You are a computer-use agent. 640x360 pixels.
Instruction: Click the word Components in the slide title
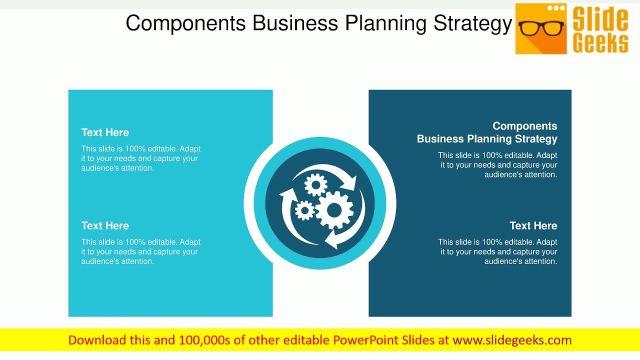(185, 23)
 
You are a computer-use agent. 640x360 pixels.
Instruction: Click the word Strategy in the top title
(472, 23)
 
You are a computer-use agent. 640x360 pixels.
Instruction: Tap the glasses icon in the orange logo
(541, 28)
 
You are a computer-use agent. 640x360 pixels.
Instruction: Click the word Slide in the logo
(600, 19)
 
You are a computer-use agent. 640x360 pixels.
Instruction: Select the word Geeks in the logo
(600, 43)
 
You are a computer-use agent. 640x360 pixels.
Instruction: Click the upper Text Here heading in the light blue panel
(105, 132)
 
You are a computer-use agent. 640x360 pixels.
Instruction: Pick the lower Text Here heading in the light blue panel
(105, 226)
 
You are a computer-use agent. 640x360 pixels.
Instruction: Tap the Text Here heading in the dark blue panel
(533, 226)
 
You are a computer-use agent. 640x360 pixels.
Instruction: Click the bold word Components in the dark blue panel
(524, 126)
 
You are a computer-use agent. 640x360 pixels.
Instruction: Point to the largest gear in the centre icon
(334, 210)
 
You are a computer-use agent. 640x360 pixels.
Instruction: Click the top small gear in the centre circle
(316, 185)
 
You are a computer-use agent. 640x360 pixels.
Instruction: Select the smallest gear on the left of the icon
(304, 210)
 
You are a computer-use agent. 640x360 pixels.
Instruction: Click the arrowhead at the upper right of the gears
(350, 183)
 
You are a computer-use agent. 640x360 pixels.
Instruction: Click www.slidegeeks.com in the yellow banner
(512, 340)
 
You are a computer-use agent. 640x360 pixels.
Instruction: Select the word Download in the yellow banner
(97, 340)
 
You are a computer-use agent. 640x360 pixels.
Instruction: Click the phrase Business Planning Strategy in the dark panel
(487, 139)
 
